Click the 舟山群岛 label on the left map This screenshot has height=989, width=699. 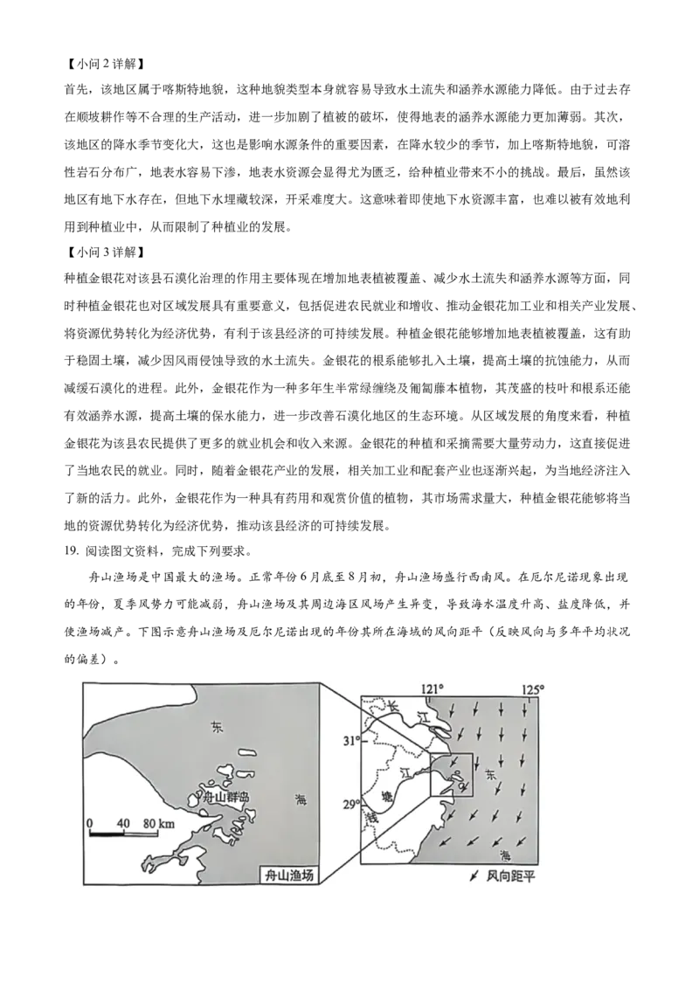[x=225, y=798]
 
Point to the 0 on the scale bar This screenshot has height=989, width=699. [x=90, y=823]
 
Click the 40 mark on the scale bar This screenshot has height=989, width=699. [x=122, y=823]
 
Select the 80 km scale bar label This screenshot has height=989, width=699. [x=158, y=823]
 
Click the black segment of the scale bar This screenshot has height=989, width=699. [x=107, y=833]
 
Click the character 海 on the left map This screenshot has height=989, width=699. [x=301, y=799]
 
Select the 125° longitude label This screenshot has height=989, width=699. [x=533, y=688]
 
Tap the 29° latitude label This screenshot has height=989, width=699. [x=351, y=804]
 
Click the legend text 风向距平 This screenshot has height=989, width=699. [x=509, y=875]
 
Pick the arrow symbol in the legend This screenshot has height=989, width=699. [x=474, y=875]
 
